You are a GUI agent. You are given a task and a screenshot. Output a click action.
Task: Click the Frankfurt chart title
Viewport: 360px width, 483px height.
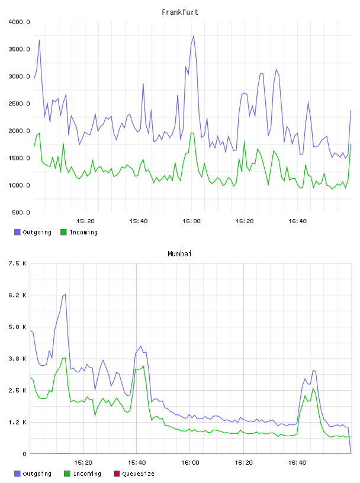click(180, 12)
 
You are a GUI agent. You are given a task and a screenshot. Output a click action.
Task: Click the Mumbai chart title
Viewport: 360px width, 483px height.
click(179, 253)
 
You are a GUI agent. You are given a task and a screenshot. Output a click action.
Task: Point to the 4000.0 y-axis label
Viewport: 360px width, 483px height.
click(19, 22)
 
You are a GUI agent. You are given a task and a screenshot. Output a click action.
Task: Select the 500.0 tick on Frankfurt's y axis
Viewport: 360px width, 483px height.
click(21, 212)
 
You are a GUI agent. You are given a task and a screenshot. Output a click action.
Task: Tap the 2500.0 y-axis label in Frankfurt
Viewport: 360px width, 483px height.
click(19, 104)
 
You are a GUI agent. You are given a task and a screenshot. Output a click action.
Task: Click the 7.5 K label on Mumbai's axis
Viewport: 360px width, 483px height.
click(18, 263)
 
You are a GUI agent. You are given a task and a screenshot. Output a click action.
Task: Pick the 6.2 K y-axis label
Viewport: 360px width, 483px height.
click(18, 295)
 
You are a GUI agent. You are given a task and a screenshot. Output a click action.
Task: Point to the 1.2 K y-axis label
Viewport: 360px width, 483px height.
click(18, 422)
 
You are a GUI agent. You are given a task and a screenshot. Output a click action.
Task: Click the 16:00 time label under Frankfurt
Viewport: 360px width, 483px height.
click(191, 221)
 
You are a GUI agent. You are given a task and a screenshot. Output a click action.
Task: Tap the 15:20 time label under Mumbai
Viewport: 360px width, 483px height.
click(83, 463)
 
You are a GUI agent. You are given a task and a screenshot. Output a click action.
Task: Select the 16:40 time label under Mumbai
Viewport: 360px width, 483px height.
click(297, 463)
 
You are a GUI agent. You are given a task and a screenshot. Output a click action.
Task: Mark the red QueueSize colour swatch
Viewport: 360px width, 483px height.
click(117, 474)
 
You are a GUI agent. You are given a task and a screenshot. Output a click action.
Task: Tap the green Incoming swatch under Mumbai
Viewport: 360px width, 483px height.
click(67, 474)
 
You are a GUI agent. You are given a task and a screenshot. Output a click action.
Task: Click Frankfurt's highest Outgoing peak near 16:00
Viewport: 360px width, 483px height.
click(194, 36)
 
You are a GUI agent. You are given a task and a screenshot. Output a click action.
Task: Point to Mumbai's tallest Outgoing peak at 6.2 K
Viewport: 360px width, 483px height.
click(65, 294)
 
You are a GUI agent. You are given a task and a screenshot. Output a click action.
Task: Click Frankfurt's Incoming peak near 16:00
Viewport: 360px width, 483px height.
click(192, 133)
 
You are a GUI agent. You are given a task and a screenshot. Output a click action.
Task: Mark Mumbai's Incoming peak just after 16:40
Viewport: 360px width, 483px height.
click(313, 388)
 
